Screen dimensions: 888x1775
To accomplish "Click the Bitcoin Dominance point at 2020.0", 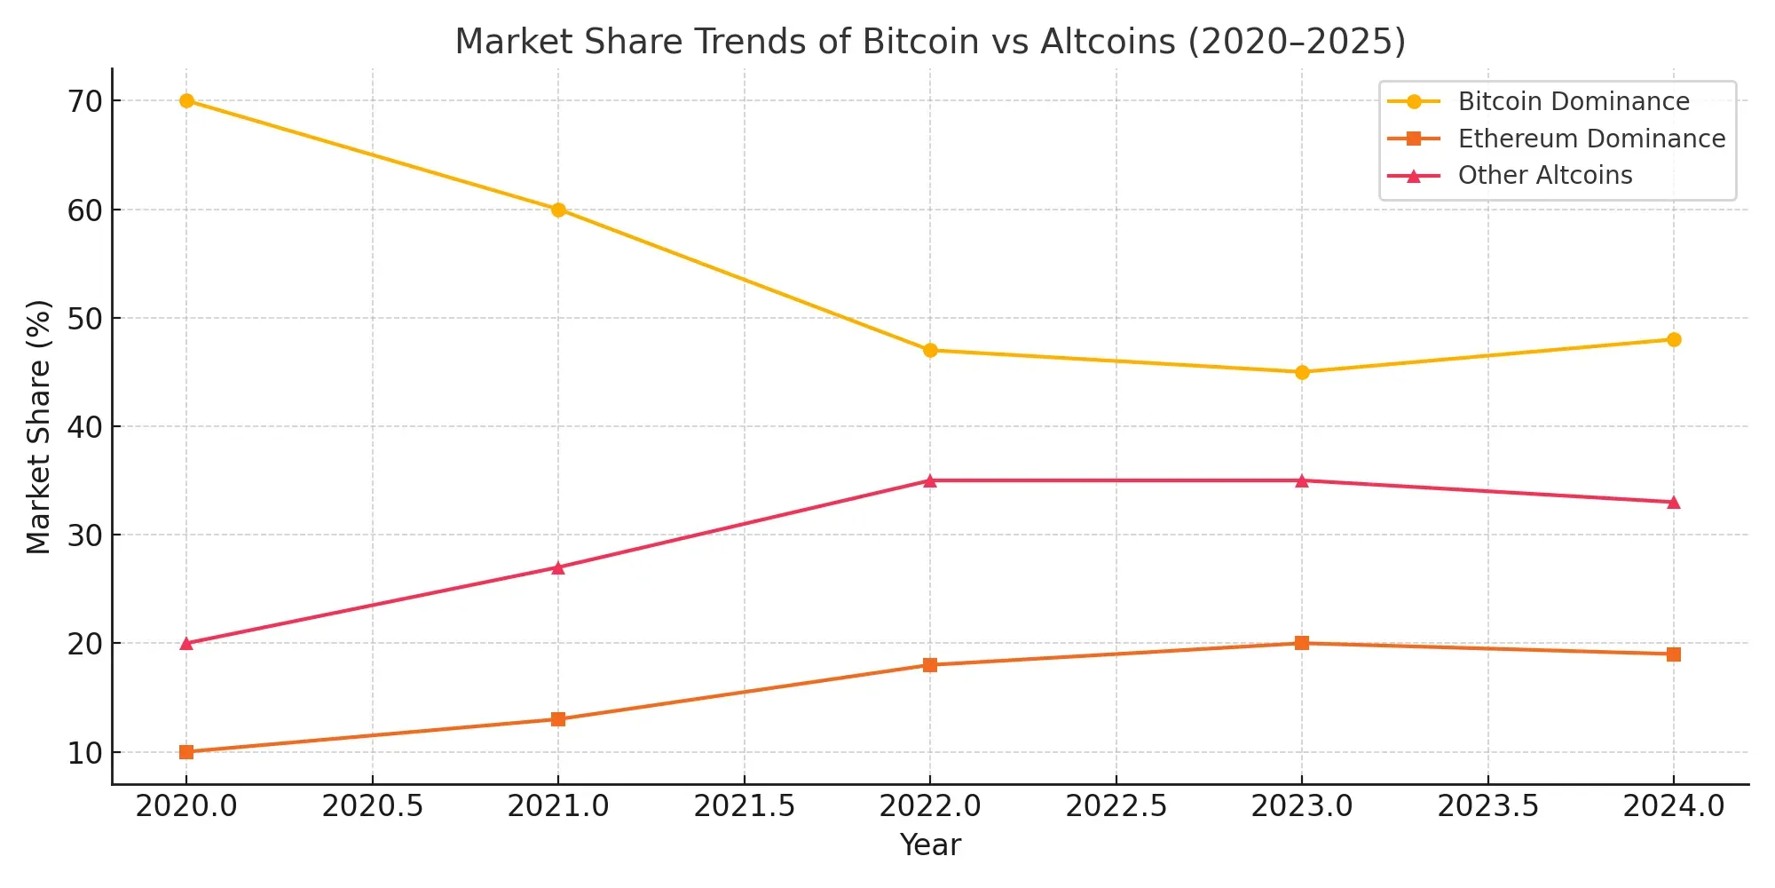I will tap(186, 100).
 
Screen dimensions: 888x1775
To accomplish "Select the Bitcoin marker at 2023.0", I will tap(1302, 372).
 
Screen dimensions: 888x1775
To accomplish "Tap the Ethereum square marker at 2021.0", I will tap(558, 719).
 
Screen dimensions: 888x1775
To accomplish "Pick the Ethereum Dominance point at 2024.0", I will tap(1674, 654).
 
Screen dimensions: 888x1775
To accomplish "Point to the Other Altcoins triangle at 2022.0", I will tap(930, 480).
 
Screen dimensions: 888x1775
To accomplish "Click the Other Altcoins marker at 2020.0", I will tap(186, 643).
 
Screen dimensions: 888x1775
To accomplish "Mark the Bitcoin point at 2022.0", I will tap(930, 350).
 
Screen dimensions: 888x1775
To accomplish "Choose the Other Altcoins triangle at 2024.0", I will tap(1674, 503).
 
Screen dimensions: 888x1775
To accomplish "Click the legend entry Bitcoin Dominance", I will tap(1574, 101).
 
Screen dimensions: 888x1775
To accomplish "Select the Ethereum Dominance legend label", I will tap(1591, 139).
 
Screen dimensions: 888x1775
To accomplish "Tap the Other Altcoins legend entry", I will tap(1545, 176).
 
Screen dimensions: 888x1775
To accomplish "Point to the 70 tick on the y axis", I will tap(85, 101).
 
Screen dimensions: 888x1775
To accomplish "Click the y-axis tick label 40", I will tap(85, 427).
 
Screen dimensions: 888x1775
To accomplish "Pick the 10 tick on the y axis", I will tap(85, 753).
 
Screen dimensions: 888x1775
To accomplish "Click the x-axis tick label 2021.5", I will tap(744, 806).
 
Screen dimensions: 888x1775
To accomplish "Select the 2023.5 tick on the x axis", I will tap(1487, 806).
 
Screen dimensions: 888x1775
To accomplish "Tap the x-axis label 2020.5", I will tap(372, 806).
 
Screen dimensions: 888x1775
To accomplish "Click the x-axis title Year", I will tap(930, 845).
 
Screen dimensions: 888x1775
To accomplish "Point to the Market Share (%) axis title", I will tap(39, 426).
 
